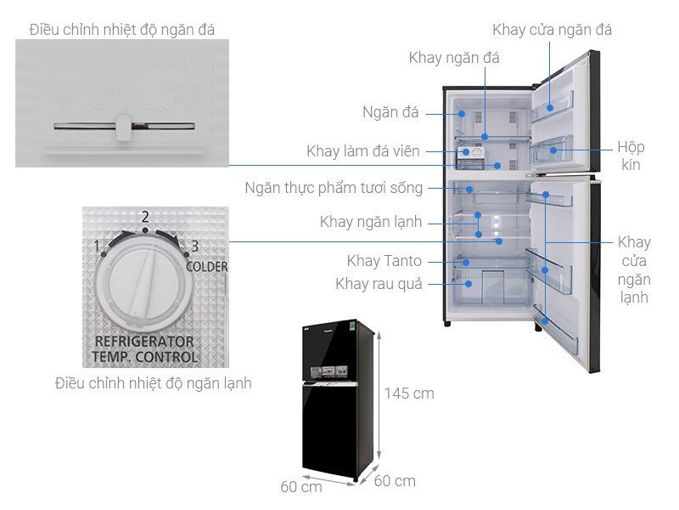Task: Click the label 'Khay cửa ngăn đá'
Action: [552, 30]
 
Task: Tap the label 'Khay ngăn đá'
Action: [454, 58]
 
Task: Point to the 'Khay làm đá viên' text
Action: [363, 151]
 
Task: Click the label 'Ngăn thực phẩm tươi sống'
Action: [334, 187]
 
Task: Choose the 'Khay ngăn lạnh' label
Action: [371, 222]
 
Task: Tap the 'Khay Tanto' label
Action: [384, 261]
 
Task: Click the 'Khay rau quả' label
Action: [378, 283]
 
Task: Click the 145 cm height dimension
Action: [408, 394]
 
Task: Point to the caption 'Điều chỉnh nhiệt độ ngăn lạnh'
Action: [153, 383]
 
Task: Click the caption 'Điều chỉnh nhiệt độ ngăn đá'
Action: [121, 30]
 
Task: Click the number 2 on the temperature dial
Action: [145, 217]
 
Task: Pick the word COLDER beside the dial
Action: [207, 266]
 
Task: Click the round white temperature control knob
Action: [141, 282]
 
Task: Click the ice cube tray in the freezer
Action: [469, 156]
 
